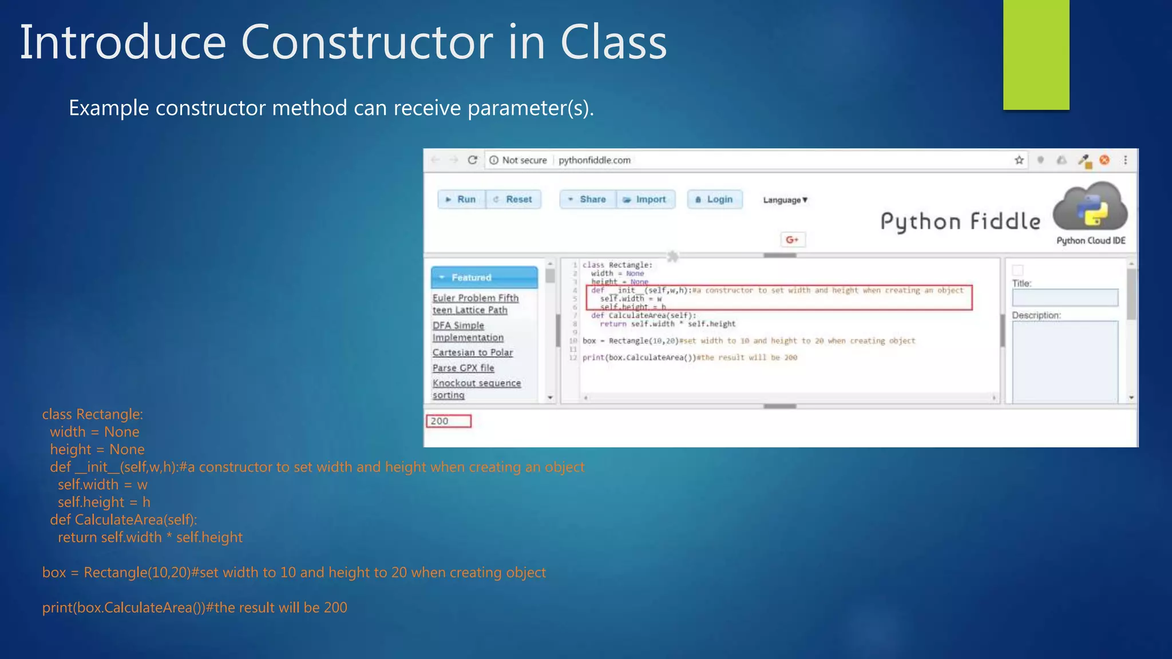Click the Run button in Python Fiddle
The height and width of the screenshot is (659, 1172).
[x=461, y=199]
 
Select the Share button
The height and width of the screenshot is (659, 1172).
[x=588, y=199]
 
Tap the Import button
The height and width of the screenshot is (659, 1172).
[x=646, y=199]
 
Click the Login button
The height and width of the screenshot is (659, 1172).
[x=714, y=199]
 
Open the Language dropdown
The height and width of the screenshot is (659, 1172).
[x=785, y=200]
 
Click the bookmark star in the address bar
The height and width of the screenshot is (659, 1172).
[x=1019, y=160]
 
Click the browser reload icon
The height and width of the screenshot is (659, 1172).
[x=472, y=160]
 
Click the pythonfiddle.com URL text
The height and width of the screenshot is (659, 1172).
[x=594, y=160]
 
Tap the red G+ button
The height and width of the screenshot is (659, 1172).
[x=793, y=240]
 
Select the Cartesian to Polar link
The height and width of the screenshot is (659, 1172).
[x=472, y=352]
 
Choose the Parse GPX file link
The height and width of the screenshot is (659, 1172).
[x=463, y=368]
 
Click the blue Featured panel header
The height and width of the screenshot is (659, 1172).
[x=484, y=277]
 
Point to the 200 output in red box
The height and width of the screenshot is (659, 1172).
[x=448, y=421]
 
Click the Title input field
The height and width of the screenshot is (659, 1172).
[x=1064, y=297]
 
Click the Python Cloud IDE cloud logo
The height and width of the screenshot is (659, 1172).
[x=1090, y=207]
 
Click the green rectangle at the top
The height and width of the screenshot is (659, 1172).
[x=1036, y=54]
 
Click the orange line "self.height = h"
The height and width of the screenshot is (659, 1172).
[x=104, y=502]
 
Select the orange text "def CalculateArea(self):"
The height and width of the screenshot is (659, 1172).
[x=123, y=519]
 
